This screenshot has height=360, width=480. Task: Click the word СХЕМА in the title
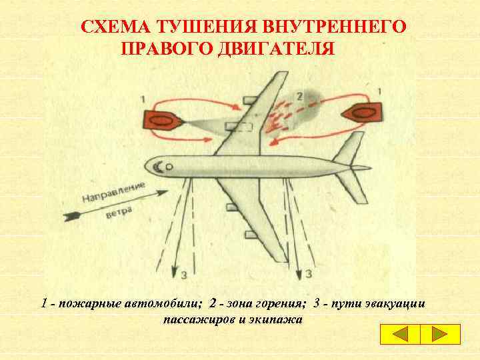point(116,26)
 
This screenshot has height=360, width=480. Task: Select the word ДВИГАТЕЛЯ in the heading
point(276,49)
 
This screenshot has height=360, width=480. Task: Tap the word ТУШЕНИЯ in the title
point(207,26)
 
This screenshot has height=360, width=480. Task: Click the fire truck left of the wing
point(162,121)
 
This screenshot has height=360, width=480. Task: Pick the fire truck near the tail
point(362,113)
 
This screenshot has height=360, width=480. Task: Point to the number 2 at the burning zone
point(299,97)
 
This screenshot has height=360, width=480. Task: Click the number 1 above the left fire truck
point(143,99)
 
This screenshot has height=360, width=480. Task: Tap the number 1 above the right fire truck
point(379,91)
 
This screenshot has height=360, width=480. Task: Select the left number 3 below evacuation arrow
point(184,275)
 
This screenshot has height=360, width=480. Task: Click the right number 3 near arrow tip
point(309,273)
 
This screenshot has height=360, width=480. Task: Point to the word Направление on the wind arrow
point(113,192)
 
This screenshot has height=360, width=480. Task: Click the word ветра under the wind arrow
point(119,212)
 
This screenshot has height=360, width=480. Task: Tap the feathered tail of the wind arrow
point(72,216)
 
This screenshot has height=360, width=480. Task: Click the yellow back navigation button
point(401,334)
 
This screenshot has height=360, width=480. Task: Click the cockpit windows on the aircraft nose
point(159,167)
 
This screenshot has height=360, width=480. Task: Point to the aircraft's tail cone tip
point(371,168)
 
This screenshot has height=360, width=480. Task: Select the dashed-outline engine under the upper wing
point(239,126)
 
